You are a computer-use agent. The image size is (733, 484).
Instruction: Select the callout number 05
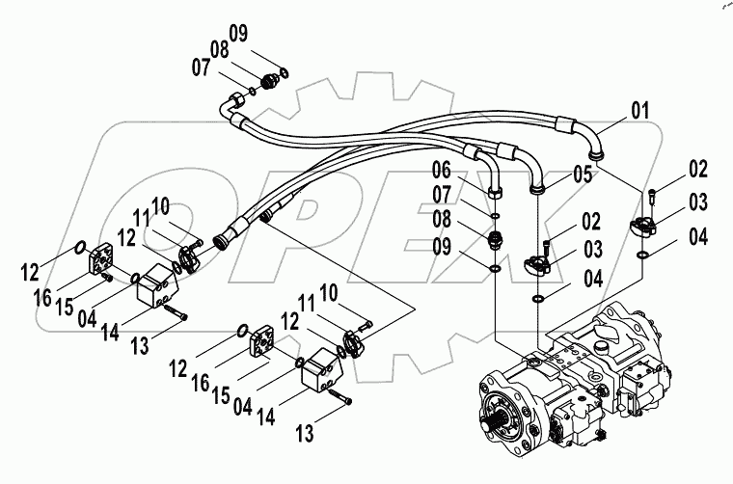click(582, 175)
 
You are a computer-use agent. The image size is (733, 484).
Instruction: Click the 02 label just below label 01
click(698, 171)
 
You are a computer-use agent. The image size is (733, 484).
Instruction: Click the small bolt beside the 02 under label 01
click(655, 200)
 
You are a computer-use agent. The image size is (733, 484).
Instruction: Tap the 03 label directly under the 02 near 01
click(698, 203)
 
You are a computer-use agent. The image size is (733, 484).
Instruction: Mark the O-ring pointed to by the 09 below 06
click(494, 267)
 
